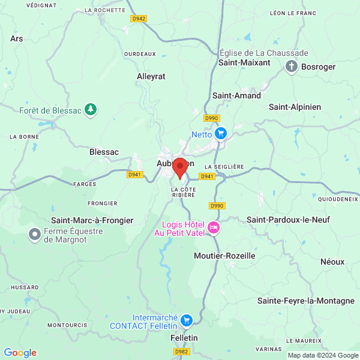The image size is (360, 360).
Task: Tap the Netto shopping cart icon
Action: tap(221, 133)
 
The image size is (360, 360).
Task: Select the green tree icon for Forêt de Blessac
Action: tap(90, 109)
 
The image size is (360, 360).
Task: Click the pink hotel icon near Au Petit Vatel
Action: tap(214, 227)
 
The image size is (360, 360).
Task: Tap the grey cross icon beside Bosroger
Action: tap(292, 66)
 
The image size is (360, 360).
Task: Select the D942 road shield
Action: tap(139, 19)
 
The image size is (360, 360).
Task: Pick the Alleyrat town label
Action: tap(151, 77)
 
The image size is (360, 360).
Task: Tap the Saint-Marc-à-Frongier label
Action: tap(92, 221)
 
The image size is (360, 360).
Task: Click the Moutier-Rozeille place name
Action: tap(225, 256)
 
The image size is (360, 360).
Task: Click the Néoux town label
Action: tap(332, 262)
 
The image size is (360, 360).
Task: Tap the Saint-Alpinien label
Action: tap(295, 107)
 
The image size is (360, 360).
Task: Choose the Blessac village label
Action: tap(104, 152)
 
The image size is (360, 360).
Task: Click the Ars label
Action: tap(17, 38)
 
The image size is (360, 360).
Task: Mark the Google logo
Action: tap(20, 353)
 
